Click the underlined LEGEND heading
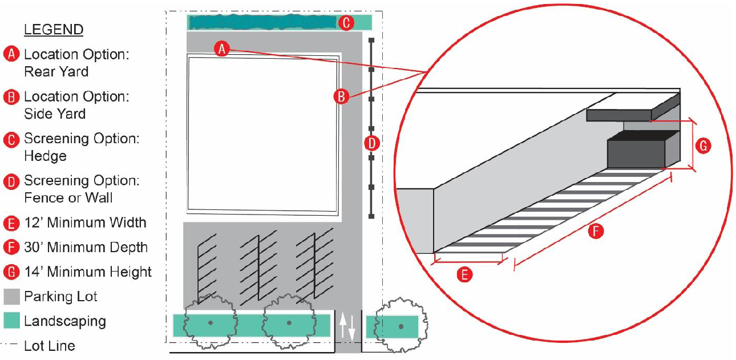(x=54, y=30)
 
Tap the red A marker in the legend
(x=11, y=54)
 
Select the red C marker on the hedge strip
(x=346, y=23)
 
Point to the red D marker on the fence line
(x=371, y=143)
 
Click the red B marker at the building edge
(x=341, y=96)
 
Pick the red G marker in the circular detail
(x=703, y=146)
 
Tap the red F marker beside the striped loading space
(x=596, y=231)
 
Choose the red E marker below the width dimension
(x=464, y=274)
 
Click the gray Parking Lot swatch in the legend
(x=11, y=297)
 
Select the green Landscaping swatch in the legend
(x=11, y=321)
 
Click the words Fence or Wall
(x=68, y=198)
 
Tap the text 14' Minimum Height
(x=88, y=272)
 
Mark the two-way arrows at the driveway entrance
(x=347, y=326)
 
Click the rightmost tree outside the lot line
(x=401, y=325)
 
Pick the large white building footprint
(x=263, y=135)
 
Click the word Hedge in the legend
(x=45, y=156)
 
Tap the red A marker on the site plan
(x=222, y=49)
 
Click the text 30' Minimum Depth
(x=86, y=248)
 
